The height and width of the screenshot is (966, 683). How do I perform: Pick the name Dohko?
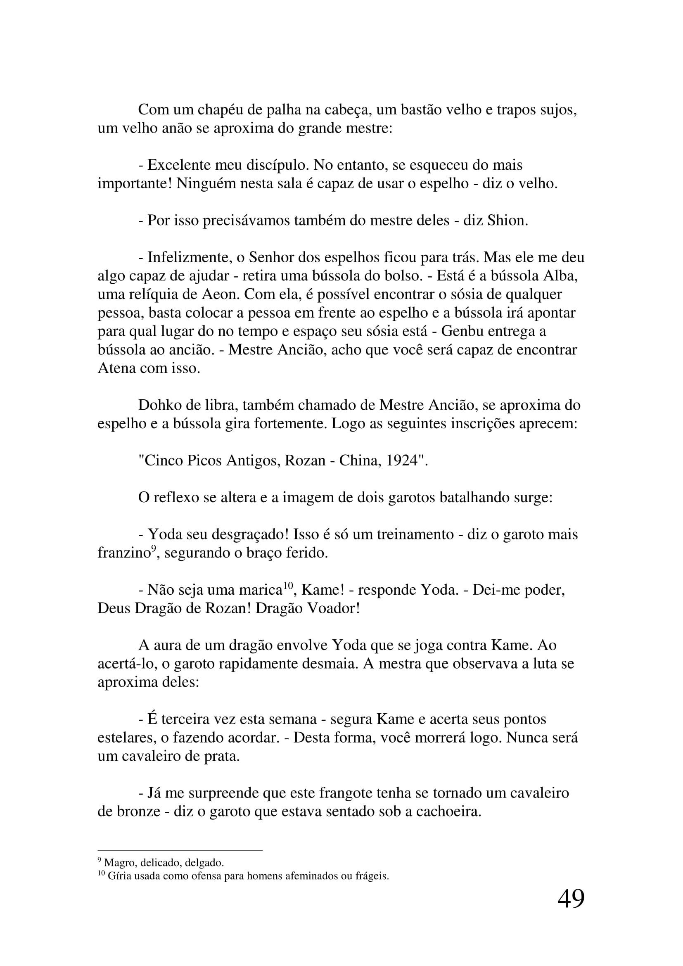click(x=160, y=405)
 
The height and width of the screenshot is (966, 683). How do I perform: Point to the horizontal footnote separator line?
click(x=180, y=850)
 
